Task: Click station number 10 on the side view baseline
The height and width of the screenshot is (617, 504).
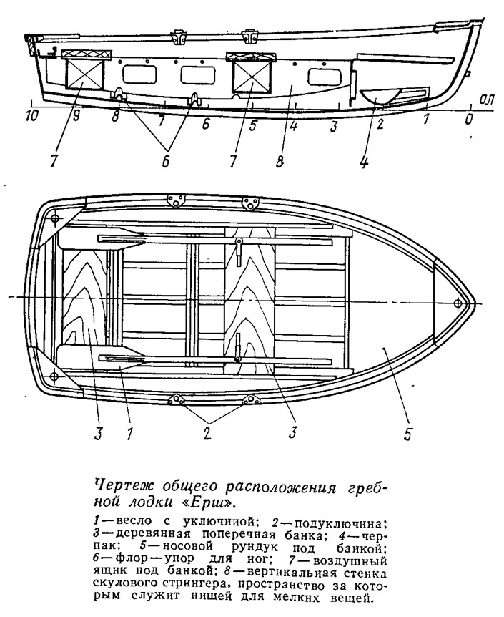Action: (x=32, y=116)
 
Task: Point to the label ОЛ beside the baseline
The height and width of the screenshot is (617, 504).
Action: (x=486, y=100)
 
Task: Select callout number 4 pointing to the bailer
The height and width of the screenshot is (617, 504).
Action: (x=364, y=162)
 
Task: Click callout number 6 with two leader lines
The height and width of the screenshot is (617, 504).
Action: (x=167, y=161)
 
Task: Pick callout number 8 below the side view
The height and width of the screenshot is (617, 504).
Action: (x=280, y=162)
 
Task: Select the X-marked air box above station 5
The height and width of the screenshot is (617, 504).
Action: (x=252, y=77)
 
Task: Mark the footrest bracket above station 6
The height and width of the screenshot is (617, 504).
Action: (x=194, y=99)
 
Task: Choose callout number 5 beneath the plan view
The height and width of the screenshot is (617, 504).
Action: (x=407, y=434)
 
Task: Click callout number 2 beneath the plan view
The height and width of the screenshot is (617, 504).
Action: (x=207, y=432)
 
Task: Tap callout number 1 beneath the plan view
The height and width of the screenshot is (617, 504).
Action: (x=130, y=433)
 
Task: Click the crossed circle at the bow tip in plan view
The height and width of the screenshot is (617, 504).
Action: (x=458, y=303)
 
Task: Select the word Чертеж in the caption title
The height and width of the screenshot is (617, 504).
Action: (x=117, y=487)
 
